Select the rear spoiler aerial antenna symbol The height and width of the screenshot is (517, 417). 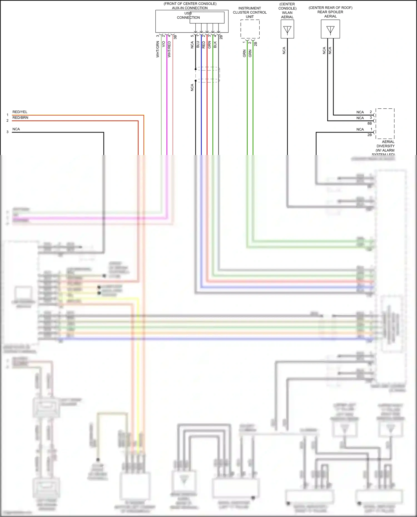[x=330, y=29]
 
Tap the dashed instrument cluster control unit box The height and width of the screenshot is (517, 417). [x=250, y=29]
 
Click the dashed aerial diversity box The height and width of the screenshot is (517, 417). [x=385, y=124]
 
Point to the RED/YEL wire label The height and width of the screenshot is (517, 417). [x=20, y=112]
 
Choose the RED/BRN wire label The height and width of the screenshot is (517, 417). [x=20, y=118]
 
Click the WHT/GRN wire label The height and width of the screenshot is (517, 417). [x=158, y=49]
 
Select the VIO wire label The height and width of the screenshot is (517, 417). [x=163, y=44]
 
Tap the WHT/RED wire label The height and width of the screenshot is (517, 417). [x=169, y=49]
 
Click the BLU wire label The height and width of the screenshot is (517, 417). [x=198, y=44]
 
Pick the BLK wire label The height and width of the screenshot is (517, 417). [x=215, y=44]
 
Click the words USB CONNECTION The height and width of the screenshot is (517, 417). [x=188, y=15]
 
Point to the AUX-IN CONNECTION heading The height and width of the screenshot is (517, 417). [x=190, y=8]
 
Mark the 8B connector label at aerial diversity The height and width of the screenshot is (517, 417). [x=369, y=123]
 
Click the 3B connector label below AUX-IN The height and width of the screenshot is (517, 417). [x=175, y=37]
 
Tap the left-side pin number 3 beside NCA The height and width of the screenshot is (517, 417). [x=8, y=132]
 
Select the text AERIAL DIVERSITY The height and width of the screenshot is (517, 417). [x=386, y=144]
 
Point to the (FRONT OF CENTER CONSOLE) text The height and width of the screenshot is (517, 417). [x=190, y=4]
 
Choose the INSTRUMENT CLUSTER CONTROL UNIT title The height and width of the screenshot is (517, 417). [x=250, y=13]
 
